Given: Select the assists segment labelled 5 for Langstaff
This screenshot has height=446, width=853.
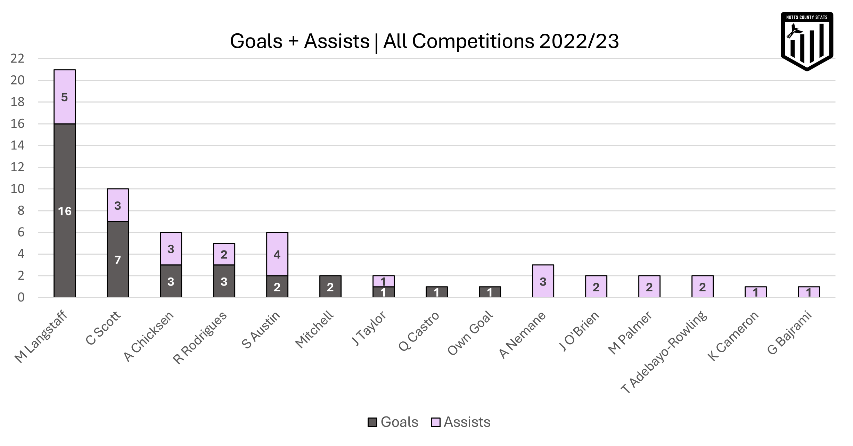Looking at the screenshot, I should [x=65, y=97].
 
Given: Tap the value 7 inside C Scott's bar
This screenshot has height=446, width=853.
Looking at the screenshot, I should [x=117, y=260].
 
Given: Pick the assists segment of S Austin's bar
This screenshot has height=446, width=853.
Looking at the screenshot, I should [x=277, y=254].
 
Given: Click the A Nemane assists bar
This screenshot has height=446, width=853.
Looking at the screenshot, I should [x=543, y=282].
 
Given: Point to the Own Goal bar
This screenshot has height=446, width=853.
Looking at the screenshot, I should [x=490, y=292].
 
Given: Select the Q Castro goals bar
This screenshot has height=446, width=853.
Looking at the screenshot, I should [x=436, y=292].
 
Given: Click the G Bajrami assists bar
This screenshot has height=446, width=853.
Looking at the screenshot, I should [x=809, y=292].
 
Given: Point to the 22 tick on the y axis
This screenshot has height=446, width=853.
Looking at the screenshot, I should [x=17, y=59].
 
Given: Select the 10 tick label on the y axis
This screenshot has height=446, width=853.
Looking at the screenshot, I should [x=17, y=189].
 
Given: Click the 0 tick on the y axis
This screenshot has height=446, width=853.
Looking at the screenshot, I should [x=21, y=298].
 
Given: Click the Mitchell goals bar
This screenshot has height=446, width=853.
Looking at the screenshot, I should [x=330, y=287].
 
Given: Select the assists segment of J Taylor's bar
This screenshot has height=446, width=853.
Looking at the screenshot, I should [x=383, y=281].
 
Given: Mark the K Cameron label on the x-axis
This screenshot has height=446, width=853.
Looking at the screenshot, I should [x=733, y=336].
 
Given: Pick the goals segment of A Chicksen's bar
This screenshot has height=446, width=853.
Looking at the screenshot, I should [x=171, y=281].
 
